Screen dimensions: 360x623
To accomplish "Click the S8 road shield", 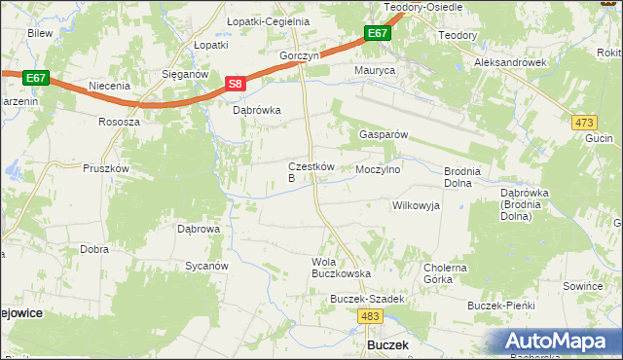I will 235,85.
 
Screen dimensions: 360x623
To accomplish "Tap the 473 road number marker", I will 584,122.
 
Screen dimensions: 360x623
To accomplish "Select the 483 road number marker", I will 369,316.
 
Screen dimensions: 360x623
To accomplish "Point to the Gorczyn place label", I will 299,56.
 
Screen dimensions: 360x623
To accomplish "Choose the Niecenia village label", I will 109,86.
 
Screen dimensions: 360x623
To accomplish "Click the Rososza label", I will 119,123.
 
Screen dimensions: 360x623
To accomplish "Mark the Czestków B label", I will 311,172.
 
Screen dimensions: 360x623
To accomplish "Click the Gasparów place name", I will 384,134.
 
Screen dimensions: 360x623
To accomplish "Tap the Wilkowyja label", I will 416,205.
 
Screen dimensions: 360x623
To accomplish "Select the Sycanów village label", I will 206,266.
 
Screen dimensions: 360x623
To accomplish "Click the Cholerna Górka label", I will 445,273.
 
